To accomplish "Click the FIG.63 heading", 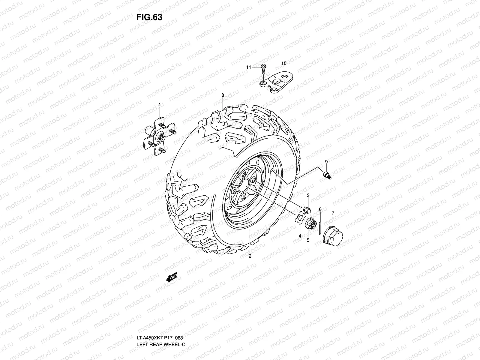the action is [x=149, y=17].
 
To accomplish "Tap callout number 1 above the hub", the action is [x=160, y=104].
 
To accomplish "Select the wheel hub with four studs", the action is [x=160, y=136].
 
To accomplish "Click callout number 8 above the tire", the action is [x=223, y=95].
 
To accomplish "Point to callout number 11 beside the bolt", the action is [x=249, y=67].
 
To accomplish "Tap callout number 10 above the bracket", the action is [x=284, y=63].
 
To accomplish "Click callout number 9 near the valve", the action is [x=326, y=162].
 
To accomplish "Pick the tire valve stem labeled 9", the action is [x=327, y=175].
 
